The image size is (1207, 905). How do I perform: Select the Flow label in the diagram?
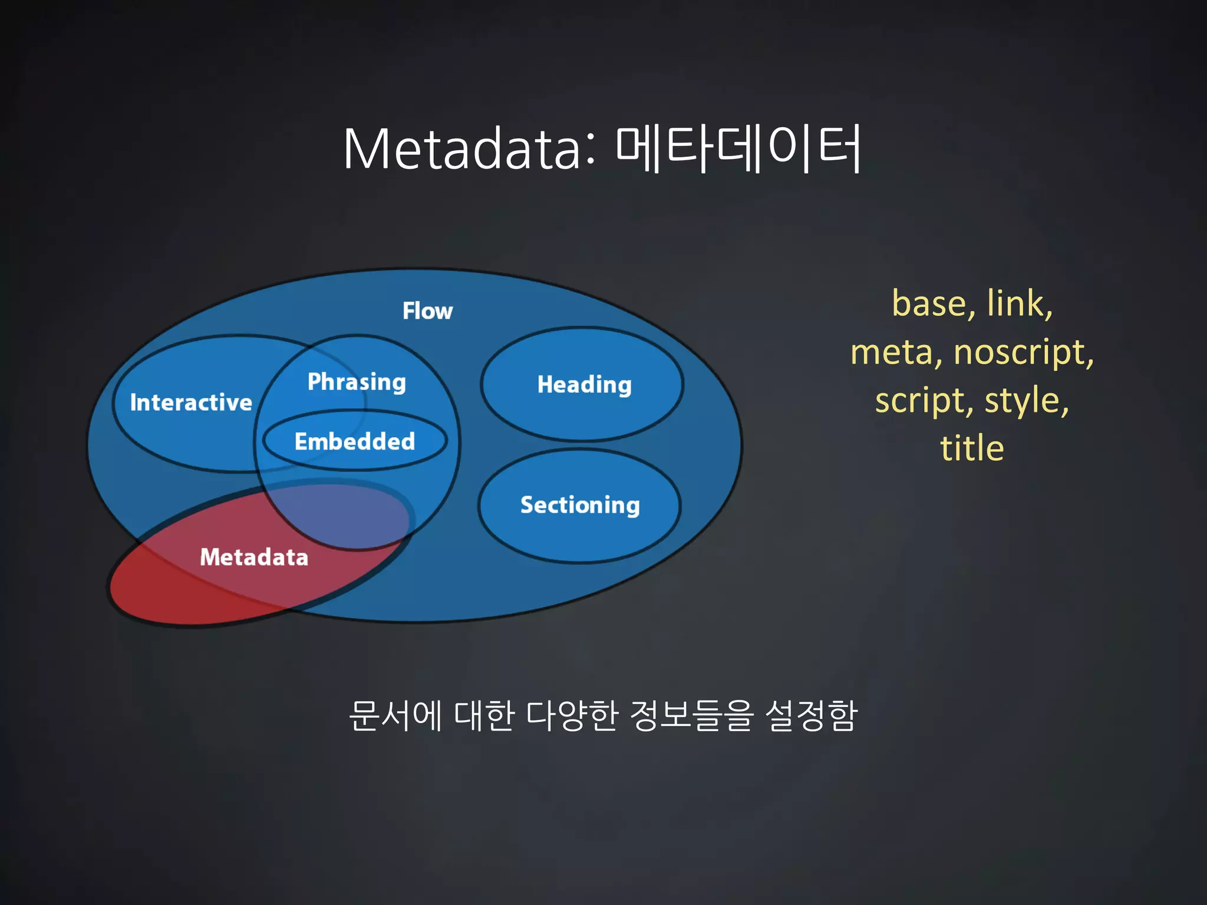tap(427, 311)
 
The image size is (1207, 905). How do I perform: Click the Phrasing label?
tap(357, 382)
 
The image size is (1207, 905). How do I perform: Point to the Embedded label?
tap(355, 441)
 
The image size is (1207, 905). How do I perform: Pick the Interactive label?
tap(191, 402)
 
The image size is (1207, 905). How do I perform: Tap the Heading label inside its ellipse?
tap(584, 385)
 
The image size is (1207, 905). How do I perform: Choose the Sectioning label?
tap(580, 505)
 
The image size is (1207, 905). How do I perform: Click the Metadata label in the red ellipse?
tap(254, 557)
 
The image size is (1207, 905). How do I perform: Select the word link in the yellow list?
tap(1018, 303)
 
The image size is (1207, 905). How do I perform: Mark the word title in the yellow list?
tap(972, 448)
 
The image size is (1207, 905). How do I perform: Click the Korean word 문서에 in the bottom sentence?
tap(395, 716)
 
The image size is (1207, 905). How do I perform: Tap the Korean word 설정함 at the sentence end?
tap(811, 716)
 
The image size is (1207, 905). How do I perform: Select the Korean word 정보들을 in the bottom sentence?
tap(691, 716)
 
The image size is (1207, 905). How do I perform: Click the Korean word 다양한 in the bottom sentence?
tap(571, 716)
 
